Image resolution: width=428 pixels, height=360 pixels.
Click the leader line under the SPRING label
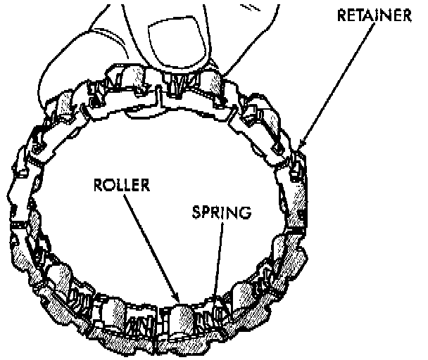point(217,260)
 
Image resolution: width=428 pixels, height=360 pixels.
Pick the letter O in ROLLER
point(107,187)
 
